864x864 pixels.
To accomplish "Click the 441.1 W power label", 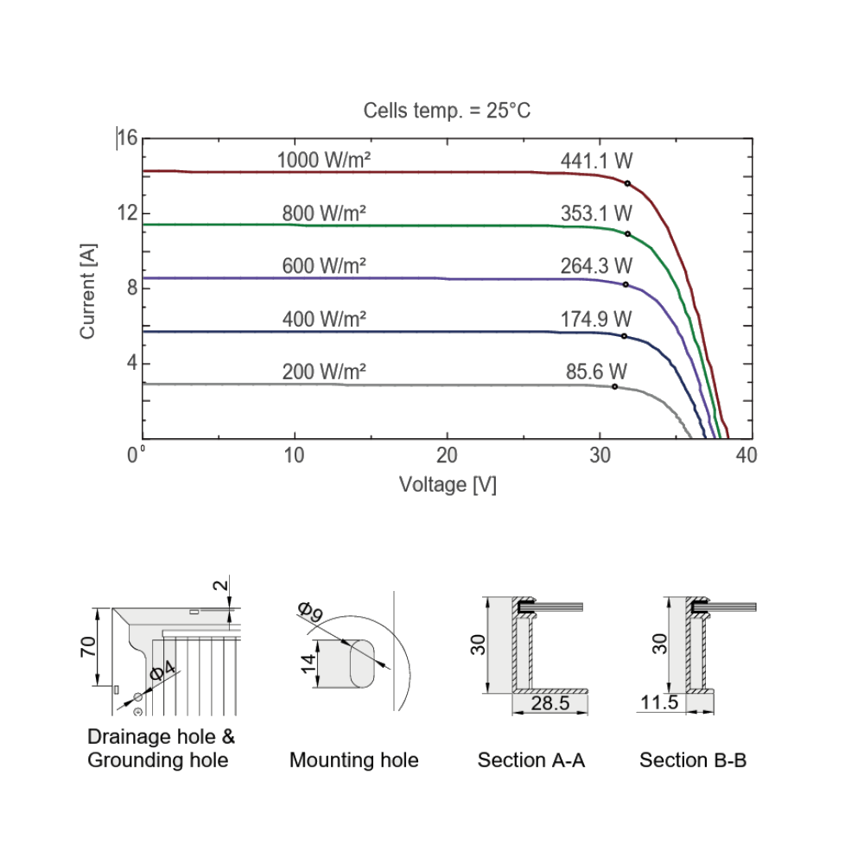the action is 596,161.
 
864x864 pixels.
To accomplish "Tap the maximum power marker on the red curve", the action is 627,183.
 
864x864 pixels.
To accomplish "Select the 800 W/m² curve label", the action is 324,213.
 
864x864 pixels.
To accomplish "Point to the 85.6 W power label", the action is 596,372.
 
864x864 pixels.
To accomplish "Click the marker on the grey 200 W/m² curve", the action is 615,387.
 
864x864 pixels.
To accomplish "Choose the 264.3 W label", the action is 596,265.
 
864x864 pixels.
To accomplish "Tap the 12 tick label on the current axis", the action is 127,213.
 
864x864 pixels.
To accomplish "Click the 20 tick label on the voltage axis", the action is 447,455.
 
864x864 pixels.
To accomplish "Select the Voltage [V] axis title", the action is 448,485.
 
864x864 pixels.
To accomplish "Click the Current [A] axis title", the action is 88,291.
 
